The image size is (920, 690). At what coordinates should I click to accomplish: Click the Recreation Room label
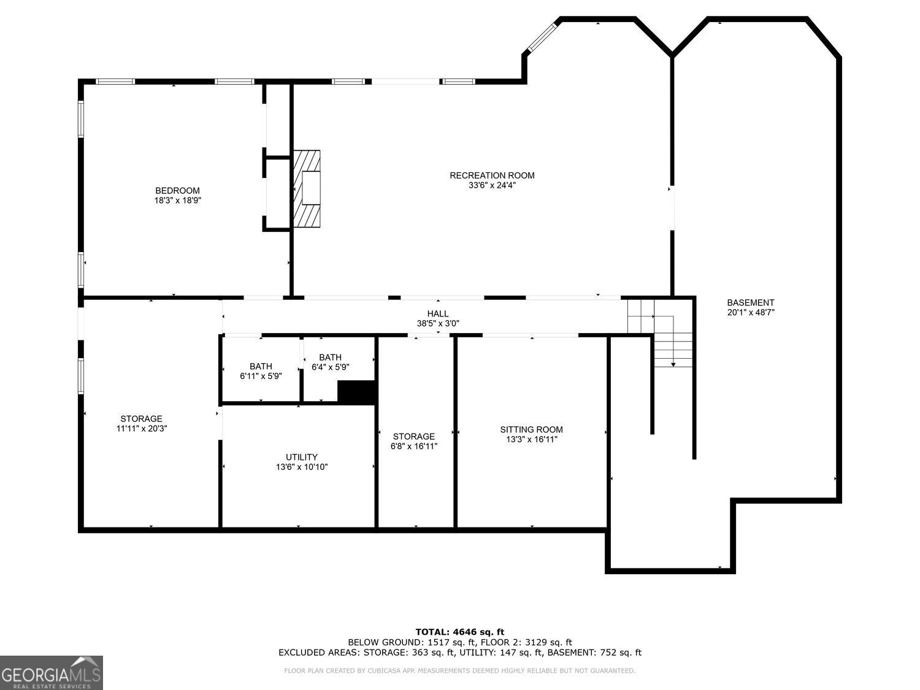pos(492,175)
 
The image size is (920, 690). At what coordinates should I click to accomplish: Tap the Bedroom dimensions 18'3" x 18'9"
pos(177,200)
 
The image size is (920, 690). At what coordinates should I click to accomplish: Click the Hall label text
pos(438,313)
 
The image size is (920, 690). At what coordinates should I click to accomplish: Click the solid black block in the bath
pos(356,392)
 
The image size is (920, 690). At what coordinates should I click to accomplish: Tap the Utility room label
pos(302,457)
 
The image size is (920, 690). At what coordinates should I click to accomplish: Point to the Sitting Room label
pos(531,429)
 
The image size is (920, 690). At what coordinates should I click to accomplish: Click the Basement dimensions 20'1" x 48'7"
pos(751,312)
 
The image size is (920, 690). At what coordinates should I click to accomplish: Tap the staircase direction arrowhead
pos(673,364)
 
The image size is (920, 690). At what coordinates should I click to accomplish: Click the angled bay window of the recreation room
pos(541,37)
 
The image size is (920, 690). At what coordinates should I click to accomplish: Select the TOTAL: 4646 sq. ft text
pos(459,632)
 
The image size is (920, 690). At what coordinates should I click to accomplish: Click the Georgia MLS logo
pos(51,673)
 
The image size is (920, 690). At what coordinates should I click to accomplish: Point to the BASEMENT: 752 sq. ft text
pos(594,653)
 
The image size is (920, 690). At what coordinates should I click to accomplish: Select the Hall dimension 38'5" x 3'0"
pos(438,323)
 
